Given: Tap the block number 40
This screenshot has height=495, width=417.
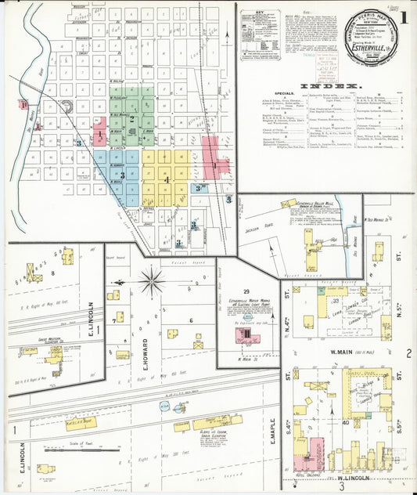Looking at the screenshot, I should [x=344, y=423].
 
